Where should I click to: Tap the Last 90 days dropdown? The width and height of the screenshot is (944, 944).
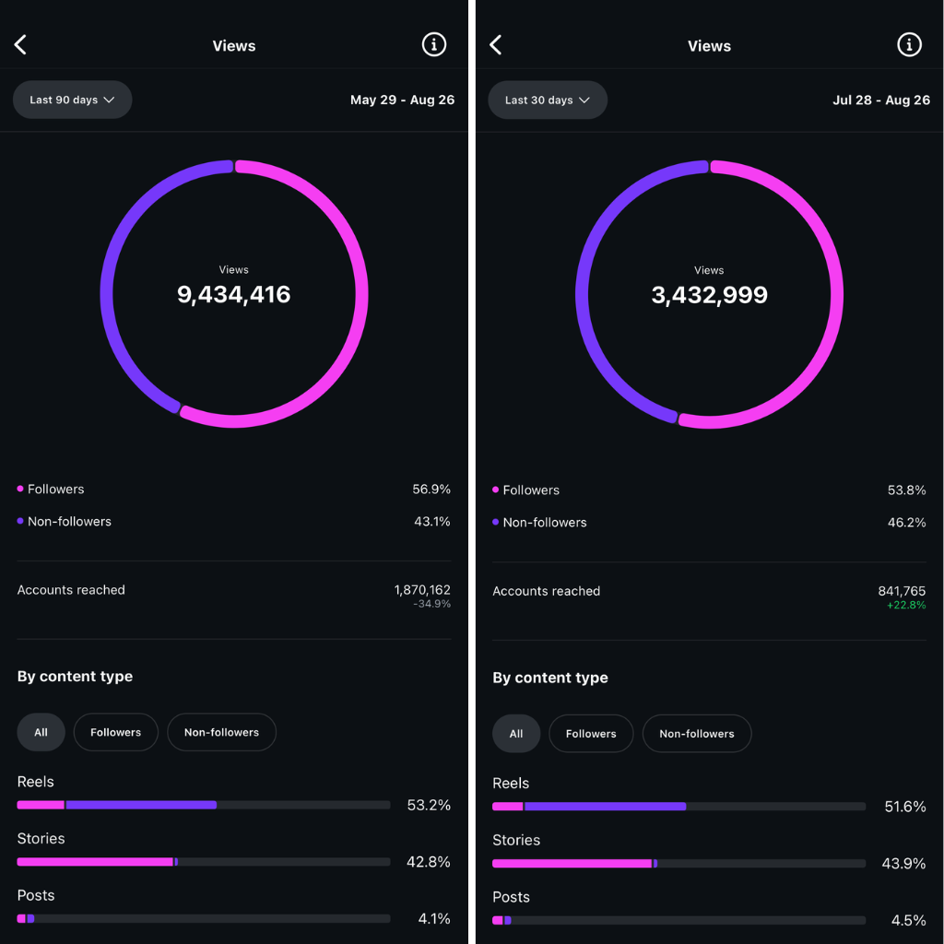[x=72, y=100]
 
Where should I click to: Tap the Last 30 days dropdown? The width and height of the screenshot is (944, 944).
[x=547, y=100]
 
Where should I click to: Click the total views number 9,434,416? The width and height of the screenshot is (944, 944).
[x=234, y=295]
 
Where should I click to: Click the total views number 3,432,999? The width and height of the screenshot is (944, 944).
[x=709, y=295]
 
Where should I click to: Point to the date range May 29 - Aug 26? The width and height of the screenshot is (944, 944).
[x=402, y=100]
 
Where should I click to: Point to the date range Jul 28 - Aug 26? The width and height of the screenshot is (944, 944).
[x=881, y=100]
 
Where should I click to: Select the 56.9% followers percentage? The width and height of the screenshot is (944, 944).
[x=431, y=490]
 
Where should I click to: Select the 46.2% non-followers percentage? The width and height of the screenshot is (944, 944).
[x=906, y=523]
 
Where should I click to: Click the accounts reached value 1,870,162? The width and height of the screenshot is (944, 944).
[x=422, y=590]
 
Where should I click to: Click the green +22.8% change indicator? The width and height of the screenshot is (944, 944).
[x=905, y=606]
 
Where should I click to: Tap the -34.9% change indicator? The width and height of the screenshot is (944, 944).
[x=431, y=604]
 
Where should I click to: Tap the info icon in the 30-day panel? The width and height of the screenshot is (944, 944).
[x=909, y=44]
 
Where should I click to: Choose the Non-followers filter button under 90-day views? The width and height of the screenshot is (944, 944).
[x=221, y=732]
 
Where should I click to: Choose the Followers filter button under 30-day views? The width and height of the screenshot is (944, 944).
[x=591, y=734]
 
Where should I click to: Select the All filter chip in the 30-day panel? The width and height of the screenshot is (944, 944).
[x=516, y=734]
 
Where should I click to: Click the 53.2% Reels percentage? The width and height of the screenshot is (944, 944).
[x=429, y=805]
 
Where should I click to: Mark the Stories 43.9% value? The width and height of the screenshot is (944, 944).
[x=904, y=864]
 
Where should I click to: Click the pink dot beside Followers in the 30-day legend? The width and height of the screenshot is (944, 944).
[x=496, y=490]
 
